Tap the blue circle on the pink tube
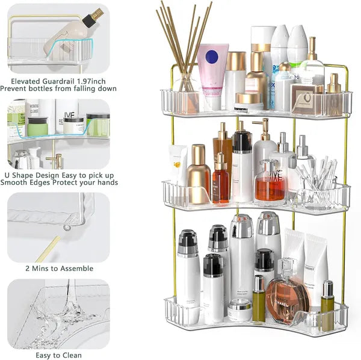[212, 57]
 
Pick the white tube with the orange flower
[179, 164]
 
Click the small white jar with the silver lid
[239, 309]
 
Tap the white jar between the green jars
[74, 125]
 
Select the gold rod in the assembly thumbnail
[48, 247]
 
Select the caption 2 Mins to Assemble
[59, 268]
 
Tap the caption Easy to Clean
[59, 355]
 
